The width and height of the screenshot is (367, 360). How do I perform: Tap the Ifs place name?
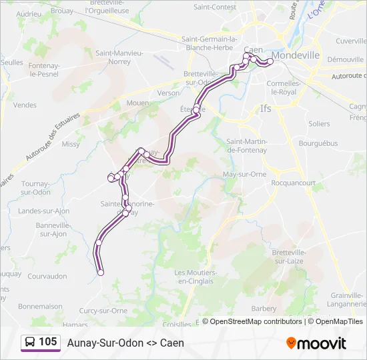point(266,108)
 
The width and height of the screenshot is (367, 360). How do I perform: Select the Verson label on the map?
point(168,93)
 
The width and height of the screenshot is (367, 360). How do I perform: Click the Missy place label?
point(70,144)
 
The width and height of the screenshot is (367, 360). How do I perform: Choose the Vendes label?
point(25,105)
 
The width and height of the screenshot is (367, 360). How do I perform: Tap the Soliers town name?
point(319,124)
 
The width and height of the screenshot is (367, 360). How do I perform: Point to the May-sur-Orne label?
point(244,175)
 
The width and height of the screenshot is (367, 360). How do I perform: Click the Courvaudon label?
point(47,276)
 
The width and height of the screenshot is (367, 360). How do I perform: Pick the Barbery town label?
point(264,309)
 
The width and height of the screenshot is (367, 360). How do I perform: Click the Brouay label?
point(62,11)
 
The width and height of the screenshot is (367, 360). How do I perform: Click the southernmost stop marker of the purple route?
point(101,272)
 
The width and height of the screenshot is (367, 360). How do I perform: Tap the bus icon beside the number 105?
point(29,343)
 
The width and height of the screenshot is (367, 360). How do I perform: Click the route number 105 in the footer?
point(47,342)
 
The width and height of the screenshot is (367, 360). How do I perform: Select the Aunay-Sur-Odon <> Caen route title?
point(125,343)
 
